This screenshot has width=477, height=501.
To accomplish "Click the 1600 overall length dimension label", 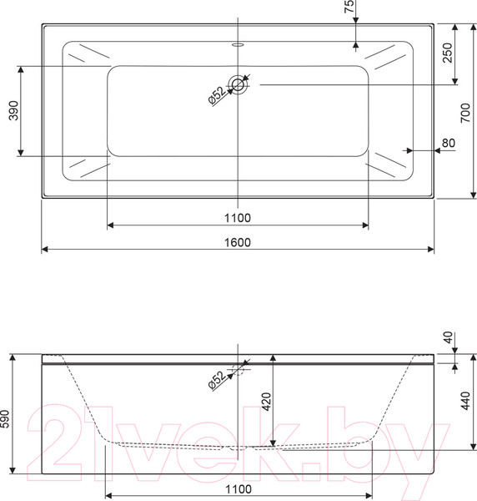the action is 238,242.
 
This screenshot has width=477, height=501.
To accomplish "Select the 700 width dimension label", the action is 465,113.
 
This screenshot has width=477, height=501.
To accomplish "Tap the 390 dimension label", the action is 13,110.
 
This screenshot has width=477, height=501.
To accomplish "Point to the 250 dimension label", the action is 448,53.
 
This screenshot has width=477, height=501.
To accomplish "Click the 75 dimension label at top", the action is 349,7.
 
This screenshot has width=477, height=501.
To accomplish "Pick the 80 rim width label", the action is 449,143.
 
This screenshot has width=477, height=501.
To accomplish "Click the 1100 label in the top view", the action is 238,218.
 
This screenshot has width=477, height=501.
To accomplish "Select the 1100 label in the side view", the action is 238,489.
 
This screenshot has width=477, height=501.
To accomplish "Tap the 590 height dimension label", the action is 5,418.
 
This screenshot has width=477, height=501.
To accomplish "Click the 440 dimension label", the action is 466,401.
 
